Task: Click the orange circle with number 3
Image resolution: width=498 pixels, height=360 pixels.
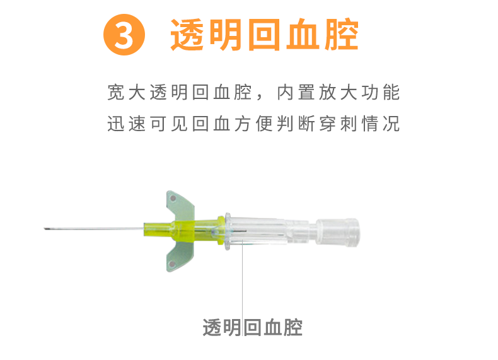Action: pyautogui.click(x=124, y=35)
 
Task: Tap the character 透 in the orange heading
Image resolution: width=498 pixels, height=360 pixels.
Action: pyautogui.click(x=188, y=35)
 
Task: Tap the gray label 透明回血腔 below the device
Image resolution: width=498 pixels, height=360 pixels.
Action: pyautogui.click(x=252, y=328)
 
